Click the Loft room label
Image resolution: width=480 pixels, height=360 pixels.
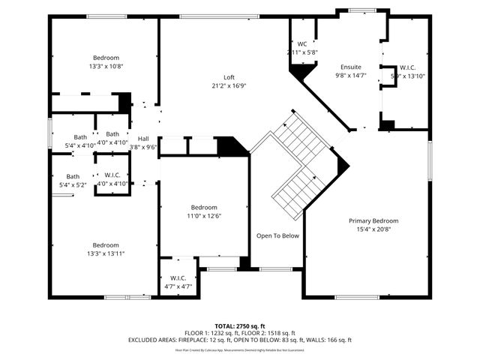[229, 77]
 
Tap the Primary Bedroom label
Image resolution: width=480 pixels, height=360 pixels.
[373, 220]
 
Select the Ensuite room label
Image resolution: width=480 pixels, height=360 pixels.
[351, 67]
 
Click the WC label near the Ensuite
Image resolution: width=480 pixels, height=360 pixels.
[302, 44]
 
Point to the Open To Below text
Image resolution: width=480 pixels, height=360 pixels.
[277, 235]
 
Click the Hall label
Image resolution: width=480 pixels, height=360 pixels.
[142, 139]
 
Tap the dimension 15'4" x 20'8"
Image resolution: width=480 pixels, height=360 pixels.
[373, 229]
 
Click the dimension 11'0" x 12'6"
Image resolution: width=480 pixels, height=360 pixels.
[204, 216]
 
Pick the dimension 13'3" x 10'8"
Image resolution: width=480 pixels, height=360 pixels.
[106, 66]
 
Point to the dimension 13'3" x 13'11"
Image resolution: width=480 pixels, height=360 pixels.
[106, 253]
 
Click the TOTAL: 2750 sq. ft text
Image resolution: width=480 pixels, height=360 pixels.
[240, 325]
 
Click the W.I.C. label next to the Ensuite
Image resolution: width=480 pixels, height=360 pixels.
[408, 67]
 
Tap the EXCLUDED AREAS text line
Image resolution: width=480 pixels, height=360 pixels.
[240, 340]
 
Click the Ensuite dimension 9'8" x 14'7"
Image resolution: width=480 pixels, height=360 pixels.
[351, 76]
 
